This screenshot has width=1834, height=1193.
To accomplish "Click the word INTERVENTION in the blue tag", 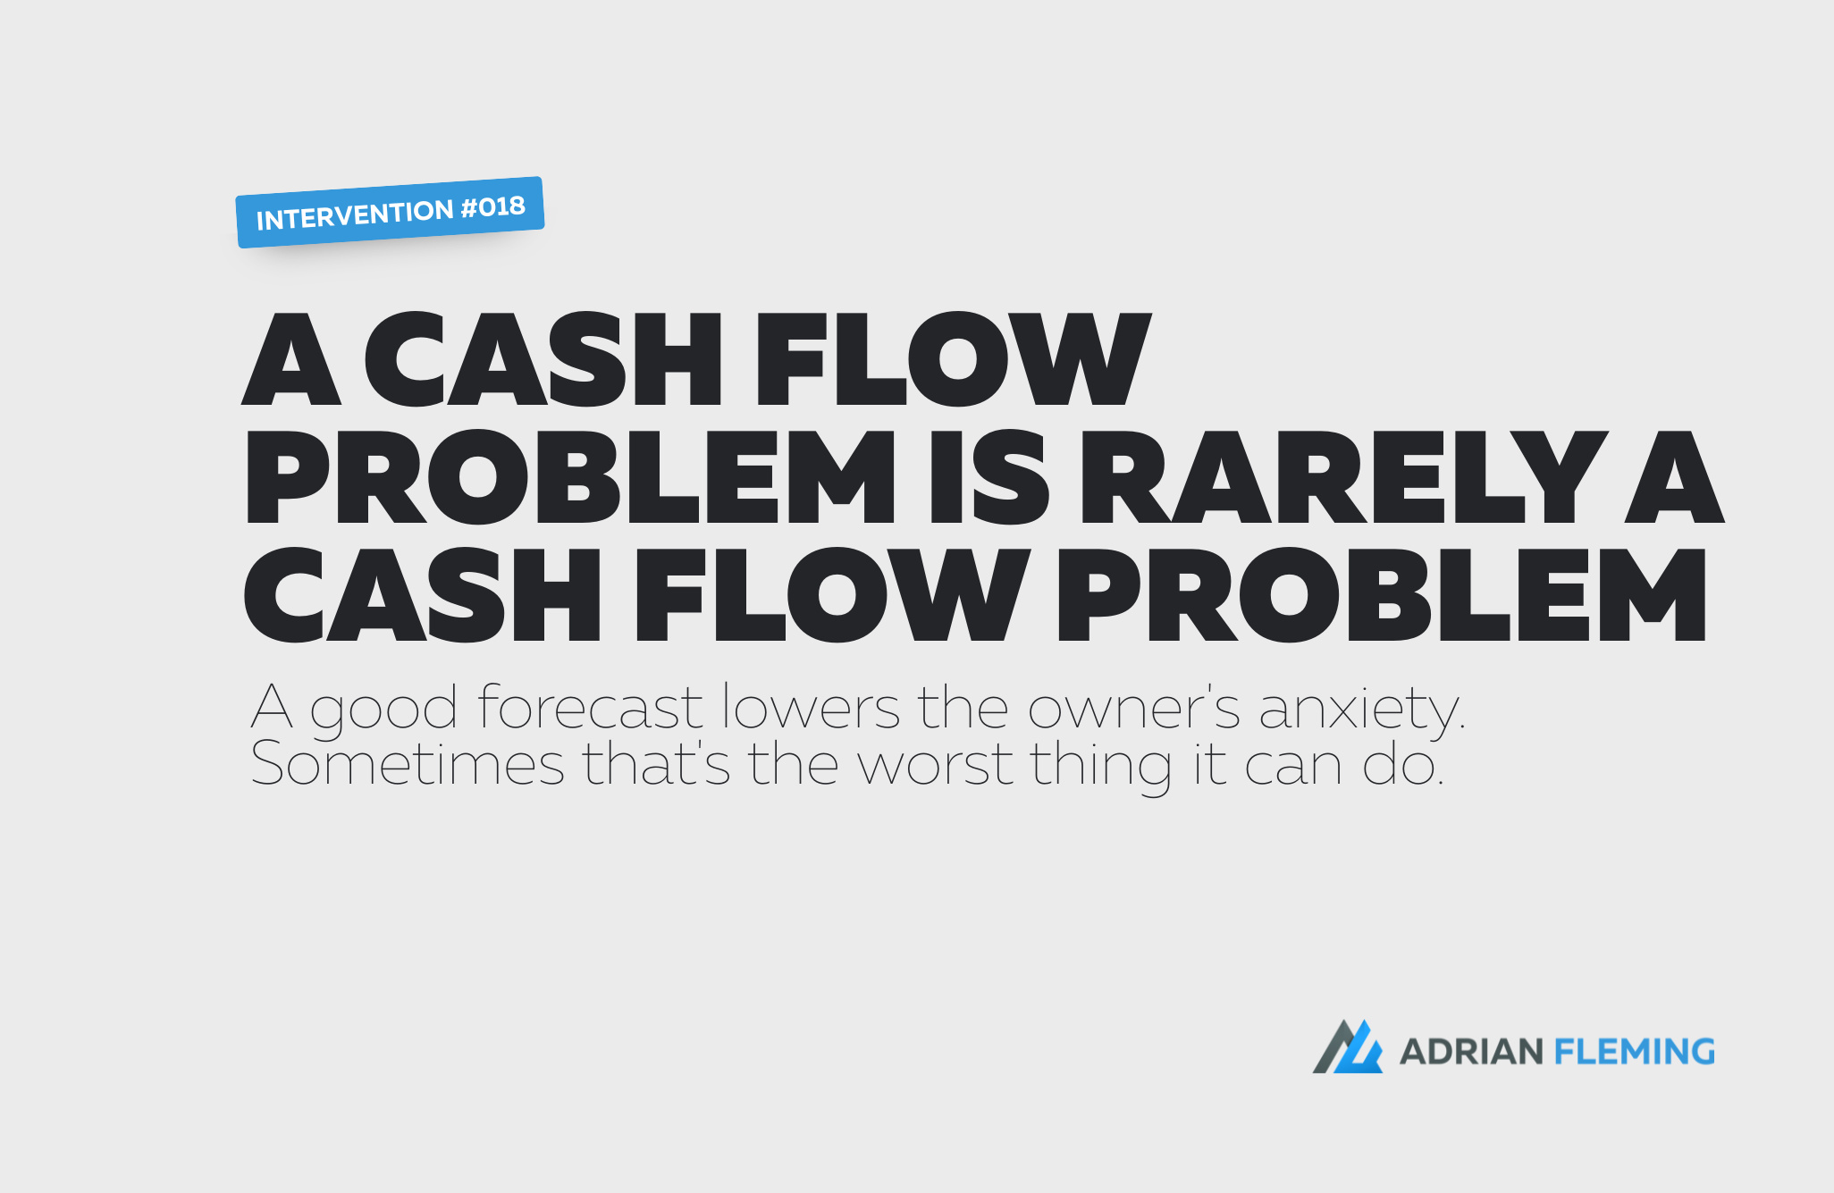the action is (x=356, y=215).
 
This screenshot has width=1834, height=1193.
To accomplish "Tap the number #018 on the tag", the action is (x=493, y=207).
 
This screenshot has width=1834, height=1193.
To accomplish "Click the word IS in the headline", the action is (x=989, y=476).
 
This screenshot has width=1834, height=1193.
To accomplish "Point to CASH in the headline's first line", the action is (x=543, y=358).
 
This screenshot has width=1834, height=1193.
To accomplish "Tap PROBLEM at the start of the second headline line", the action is (x=569, y=476).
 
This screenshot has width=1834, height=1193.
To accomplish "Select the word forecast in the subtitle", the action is (x=591, y=707).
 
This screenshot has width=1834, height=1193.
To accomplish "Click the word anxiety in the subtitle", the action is (x=1362, y=710).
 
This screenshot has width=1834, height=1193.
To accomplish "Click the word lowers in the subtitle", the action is (x=811, y=707).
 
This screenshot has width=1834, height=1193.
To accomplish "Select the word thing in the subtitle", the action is (x=1102, y=767).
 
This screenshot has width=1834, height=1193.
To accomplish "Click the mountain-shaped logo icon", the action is (x=1347, y=1046).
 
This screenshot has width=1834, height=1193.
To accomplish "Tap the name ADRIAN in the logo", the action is (x=1471, y=1052).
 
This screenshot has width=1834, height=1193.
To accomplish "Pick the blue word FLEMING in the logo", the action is (x=1635, y=1052).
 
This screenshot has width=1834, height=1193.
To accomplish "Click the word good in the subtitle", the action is (x=384, y=710).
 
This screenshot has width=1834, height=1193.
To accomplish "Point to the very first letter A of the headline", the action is (x=291, y=358).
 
